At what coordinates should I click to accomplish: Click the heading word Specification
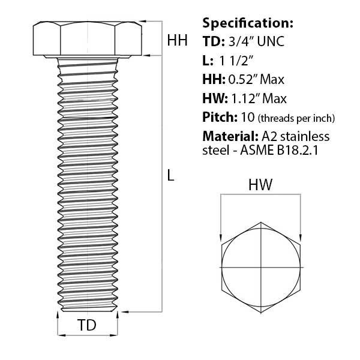click(x=248, y=23)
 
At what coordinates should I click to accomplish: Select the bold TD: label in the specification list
click(x=214, y=41)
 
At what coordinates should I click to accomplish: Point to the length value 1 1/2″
click(x=236, y=61)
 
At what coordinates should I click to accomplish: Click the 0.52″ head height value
click(x=244, y=79)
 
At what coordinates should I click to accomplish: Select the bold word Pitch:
click(x=220, y=118)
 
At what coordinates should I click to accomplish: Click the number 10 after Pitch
click(x=248, y=118)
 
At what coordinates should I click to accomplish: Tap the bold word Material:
click(x=230, y=136)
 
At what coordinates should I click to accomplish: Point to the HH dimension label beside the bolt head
click(x=177, y=40)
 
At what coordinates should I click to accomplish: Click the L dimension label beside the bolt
click(x=170, y=175)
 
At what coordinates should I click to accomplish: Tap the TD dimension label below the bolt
click(x=87, y=325)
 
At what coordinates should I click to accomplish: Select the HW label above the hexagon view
click(x=260, y=184)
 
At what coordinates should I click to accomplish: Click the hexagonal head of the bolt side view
click(x=88, y=38)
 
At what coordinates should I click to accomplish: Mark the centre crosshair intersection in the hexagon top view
click(x=261, y=267)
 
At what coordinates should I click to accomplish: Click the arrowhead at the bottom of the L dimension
click(x=124, y=311)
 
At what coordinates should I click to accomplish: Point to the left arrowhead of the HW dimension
click(x=221, y=238)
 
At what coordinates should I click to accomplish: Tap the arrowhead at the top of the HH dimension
click(x=143, y=22)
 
